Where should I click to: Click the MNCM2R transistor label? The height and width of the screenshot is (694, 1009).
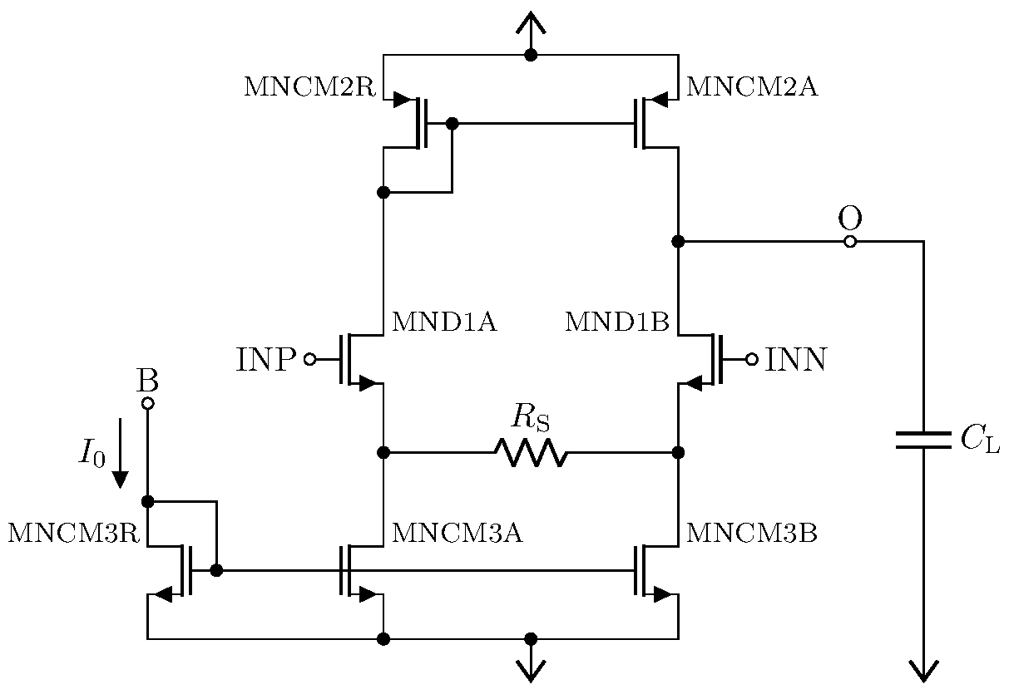(x=309, y=87)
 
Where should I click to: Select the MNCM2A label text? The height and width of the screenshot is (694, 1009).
(x=751, y=87)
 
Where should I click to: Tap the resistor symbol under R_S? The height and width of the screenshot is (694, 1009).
(x=531, y=453)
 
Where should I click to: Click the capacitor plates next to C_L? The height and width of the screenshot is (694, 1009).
(x=922, y=440)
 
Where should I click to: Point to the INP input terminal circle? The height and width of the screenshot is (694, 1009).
(x=309, y=359)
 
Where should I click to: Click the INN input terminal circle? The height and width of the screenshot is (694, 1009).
(x=751, y=359)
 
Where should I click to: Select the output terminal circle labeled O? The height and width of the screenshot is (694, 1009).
(x=849, y=242)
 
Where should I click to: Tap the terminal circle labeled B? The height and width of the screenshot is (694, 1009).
(x=147, y=404)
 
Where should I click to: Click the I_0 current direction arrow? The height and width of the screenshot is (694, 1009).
(x=121, y=453)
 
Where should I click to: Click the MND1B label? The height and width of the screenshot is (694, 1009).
(x=616, y=322)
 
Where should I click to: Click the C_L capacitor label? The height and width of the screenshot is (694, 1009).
(x=980, y=441)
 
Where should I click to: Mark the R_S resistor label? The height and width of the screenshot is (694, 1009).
(x=531, y=417)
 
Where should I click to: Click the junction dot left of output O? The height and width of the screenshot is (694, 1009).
(x=678, y=242)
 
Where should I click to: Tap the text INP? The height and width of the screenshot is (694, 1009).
(x=266, y=360)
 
